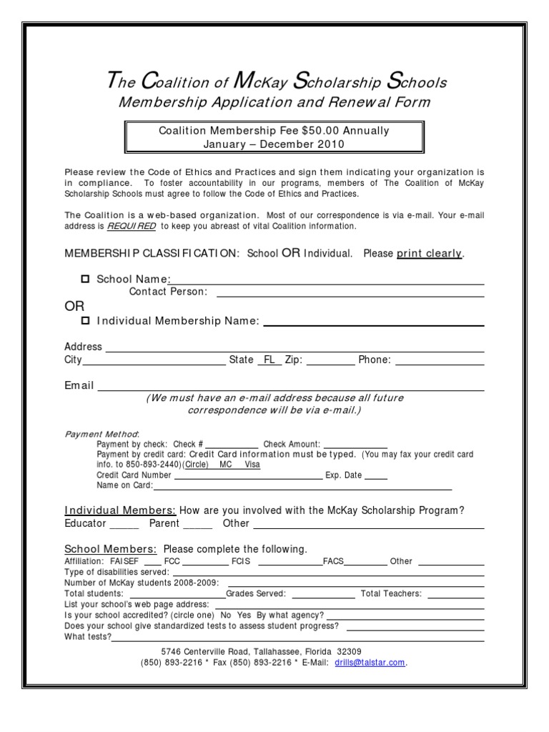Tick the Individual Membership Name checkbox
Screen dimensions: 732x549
(86, 320)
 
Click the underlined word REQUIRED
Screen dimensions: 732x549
(132, 226)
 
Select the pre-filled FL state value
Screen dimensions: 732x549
(269, 360)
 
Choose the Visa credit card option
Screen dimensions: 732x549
(252, 464)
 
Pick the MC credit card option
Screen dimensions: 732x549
(226, 464)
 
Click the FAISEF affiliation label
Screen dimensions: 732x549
(126, 561)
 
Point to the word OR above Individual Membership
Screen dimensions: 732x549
(74, 306)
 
